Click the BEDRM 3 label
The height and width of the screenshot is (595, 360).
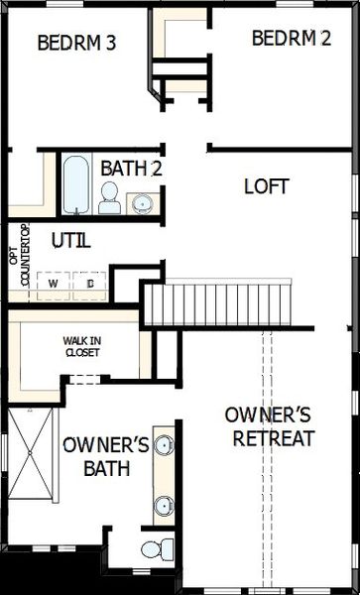coord(78,43)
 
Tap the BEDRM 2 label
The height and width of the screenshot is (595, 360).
coord(292,39)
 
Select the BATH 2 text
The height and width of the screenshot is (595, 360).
coord(132,169)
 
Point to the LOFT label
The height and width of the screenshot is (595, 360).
coord(266,185)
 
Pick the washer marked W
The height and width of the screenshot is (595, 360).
coord(53,283)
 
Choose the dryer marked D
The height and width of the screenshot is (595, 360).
coord(89,283)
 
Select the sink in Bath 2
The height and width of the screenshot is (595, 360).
coord(145,203)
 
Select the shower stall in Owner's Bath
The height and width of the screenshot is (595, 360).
coord(32,452)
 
